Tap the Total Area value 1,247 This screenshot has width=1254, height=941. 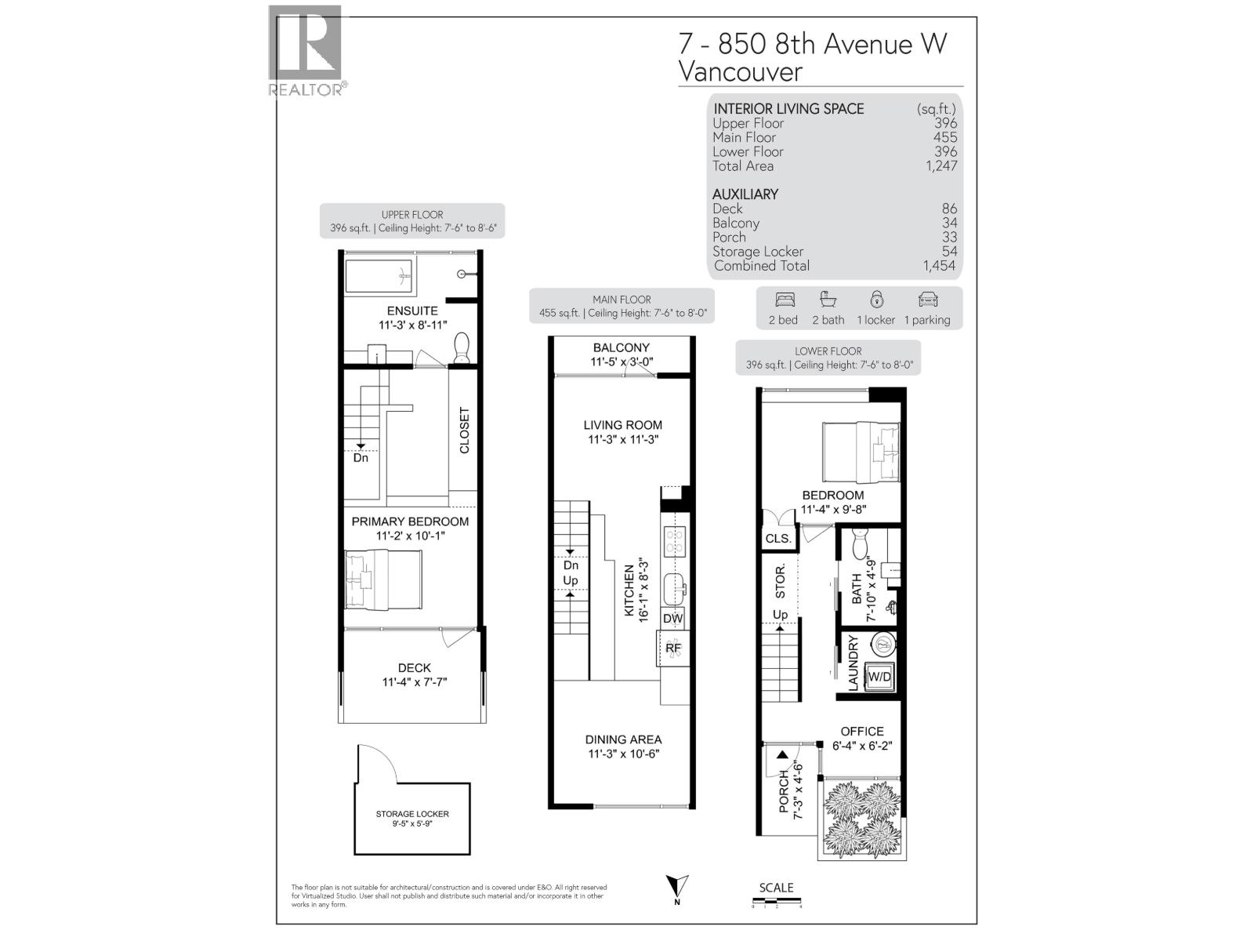click(940, 166)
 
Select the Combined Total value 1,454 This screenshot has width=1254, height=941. click(939, 266)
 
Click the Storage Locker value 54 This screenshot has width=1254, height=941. click(949, 252)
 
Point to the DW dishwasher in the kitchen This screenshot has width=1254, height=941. click(672, 618)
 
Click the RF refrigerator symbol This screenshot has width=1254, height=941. click(672, 649)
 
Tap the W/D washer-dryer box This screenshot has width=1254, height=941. click(879, 676)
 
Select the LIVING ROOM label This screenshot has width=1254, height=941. click(622, 425)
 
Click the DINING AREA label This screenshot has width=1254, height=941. click(623, 739)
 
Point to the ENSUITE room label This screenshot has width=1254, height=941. click(412, 311)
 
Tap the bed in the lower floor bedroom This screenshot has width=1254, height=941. click(861, 452)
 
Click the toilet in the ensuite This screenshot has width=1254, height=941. click(462, 347)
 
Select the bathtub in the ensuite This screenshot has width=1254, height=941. click(380, 275)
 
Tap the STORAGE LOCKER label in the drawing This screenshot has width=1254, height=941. click(412, 814)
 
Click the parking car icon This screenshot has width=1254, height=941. click(927, 300)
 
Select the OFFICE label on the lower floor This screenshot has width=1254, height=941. click(861, 731)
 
